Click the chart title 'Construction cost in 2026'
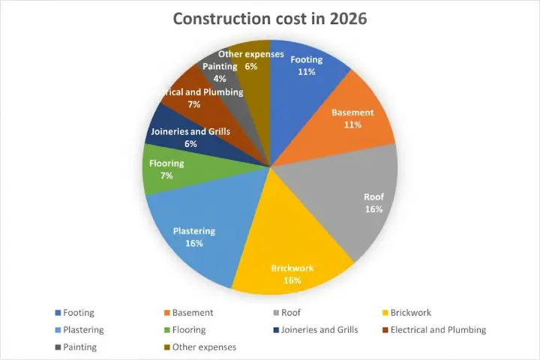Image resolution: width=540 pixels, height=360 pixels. [270, 18]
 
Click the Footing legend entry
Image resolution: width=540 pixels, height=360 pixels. [79, 313]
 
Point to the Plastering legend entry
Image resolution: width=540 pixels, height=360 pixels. [83, 330]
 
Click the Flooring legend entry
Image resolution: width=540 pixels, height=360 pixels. [188, 330]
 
